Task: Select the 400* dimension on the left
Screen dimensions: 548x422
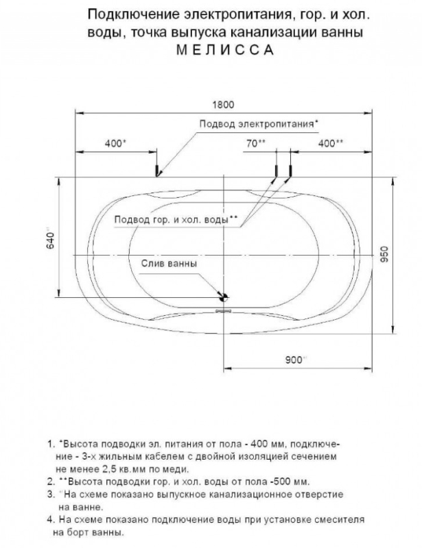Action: (x=115, y=143)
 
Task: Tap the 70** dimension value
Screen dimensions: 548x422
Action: (x=255, y=143)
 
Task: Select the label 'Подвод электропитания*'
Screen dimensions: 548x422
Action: (x=258, y=123)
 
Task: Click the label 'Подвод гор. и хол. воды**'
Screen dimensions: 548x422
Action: (x=176, y=220)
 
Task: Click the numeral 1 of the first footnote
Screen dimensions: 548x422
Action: (x=49, y=443)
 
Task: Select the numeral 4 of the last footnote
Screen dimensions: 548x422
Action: (x=49, y=519)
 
